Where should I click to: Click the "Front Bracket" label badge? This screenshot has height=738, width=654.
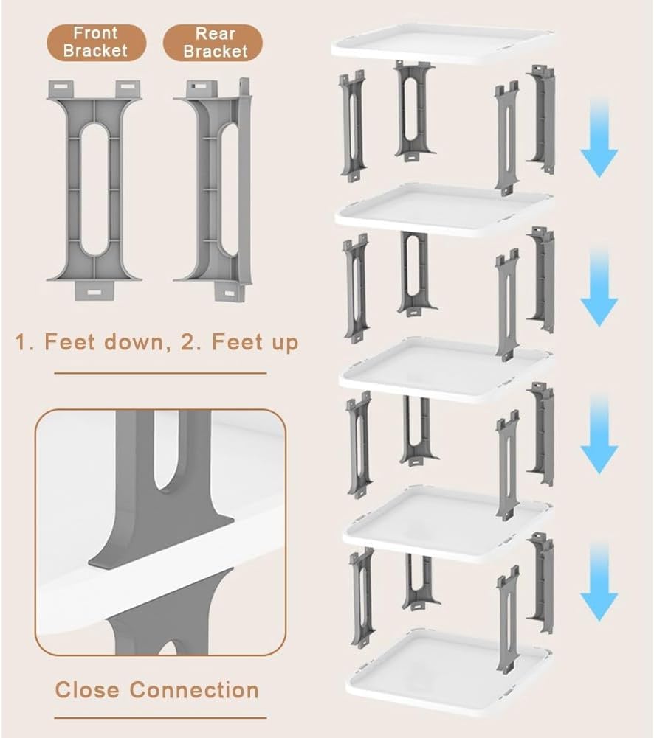click(96, 42)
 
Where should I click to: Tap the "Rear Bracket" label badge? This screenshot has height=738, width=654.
click(213, 43)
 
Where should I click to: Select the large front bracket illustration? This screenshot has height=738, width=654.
click(94, 189)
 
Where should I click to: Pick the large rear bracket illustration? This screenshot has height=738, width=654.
click(213, 189)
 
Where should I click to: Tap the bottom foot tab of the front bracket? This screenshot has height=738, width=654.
click(94, 291)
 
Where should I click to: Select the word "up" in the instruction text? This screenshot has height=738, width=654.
click(285, 343)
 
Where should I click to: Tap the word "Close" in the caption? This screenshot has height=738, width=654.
click(87, 690)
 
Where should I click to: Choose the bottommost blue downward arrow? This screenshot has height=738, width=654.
click(599, 581)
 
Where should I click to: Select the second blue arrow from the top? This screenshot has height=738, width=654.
click(599, 287)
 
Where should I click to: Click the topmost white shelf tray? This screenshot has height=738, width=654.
click(442, 44)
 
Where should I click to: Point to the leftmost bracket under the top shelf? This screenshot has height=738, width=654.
click(353, 125)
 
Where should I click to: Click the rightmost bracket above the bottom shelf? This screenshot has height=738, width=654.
click(541, 582)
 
